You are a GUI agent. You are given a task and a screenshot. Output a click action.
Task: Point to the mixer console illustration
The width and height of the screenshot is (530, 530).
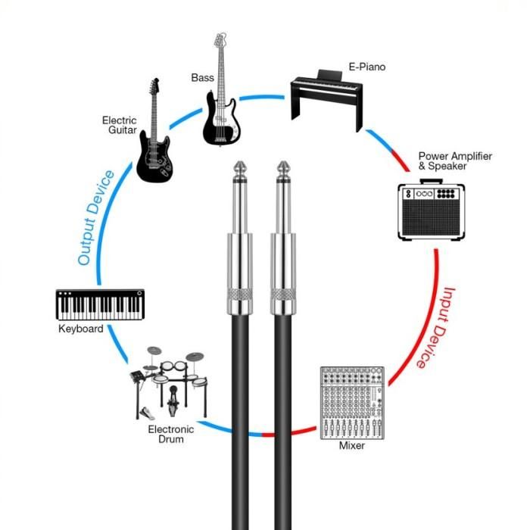[x=352, y=401]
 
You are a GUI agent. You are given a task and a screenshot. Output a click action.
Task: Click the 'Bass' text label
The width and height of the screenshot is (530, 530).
[x=201, y=76]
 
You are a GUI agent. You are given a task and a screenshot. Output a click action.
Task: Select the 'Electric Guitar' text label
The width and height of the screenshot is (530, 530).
[x=120, y=125]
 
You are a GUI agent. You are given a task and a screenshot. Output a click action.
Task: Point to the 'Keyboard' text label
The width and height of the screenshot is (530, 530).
[x=80, y=329]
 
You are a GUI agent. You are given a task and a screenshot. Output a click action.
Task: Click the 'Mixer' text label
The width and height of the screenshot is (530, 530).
[x=351, y=446]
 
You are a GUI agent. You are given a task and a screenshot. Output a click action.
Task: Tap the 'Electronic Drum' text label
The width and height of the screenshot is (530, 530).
[x=170, y=435]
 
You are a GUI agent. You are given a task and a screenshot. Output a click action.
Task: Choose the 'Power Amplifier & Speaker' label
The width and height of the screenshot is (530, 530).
[x=454, y=161]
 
